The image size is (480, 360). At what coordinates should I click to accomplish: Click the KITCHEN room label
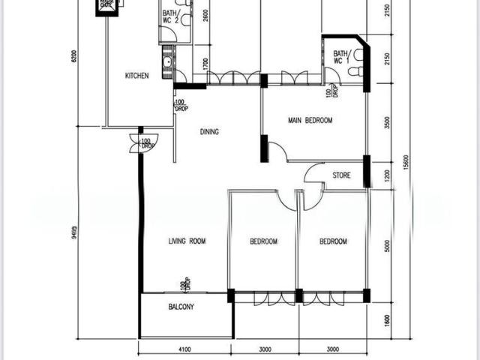tap(136, 76)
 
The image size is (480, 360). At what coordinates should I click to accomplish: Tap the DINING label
tap(209, 132)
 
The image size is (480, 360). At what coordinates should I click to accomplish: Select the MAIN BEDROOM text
tap(310, 120)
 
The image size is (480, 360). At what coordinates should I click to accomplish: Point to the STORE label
tap(341, 176)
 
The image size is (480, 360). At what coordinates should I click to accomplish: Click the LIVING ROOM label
tap(186, 241)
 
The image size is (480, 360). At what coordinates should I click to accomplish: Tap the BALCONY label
tap(181, 307)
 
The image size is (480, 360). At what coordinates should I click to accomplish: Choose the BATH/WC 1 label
tap(341, 58)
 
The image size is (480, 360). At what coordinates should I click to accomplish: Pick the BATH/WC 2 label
tap(170, 16)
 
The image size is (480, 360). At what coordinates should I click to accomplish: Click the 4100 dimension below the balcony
tap(184, 349)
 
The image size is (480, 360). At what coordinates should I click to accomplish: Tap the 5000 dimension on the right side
tap(387, 245)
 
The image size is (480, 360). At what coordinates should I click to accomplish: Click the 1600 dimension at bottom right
tap(387, 319)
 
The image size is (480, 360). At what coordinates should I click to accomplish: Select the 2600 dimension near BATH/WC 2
tap(205, 16)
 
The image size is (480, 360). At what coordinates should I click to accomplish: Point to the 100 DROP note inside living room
tap(183, 285)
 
